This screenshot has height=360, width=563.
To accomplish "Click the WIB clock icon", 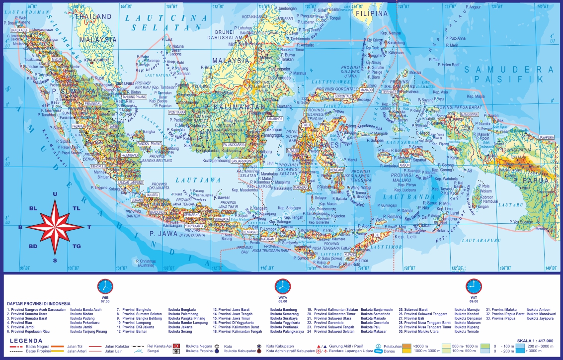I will coord(105,286).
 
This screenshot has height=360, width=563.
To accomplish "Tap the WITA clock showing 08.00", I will coord(282,286).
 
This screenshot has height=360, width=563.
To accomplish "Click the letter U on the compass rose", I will coord(55,194).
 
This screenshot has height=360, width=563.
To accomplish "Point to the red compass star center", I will coord(55,227).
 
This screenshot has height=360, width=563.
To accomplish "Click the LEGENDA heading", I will coord(25,341).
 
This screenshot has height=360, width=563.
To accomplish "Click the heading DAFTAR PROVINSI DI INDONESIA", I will coord(39,303).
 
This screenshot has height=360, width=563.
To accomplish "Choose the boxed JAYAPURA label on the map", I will coord(546,137).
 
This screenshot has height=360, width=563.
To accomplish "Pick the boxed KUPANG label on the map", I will coord(350,254).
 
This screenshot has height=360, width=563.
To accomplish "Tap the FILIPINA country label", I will coord(372,13).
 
